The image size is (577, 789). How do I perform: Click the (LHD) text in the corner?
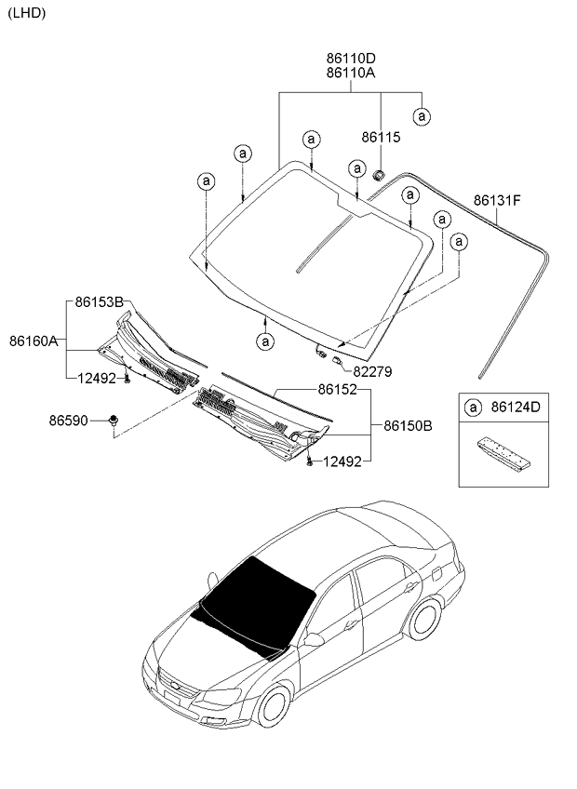point(25,12)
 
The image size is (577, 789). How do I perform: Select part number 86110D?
point(351,58)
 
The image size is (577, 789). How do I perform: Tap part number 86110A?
point(351,73)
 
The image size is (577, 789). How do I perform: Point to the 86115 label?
point(381,137)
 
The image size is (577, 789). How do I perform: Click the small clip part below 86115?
point(380,174)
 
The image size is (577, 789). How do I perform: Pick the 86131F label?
point(497,200)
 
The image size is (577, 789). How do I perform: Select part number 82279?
point(372,371)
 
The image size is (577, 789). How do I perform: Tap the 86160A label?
point(34,341)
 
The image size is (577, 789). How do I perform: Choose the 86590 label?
point(68,421)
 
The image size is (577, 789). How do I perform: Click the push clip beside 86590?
point(114,421)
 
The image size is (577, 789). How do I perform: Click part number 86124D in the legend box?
point(517,408)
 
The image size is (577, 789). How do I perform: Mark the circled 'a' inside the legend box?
point(474,408)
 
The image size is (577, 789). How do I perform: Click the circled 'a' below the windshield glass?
point(266,341)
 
